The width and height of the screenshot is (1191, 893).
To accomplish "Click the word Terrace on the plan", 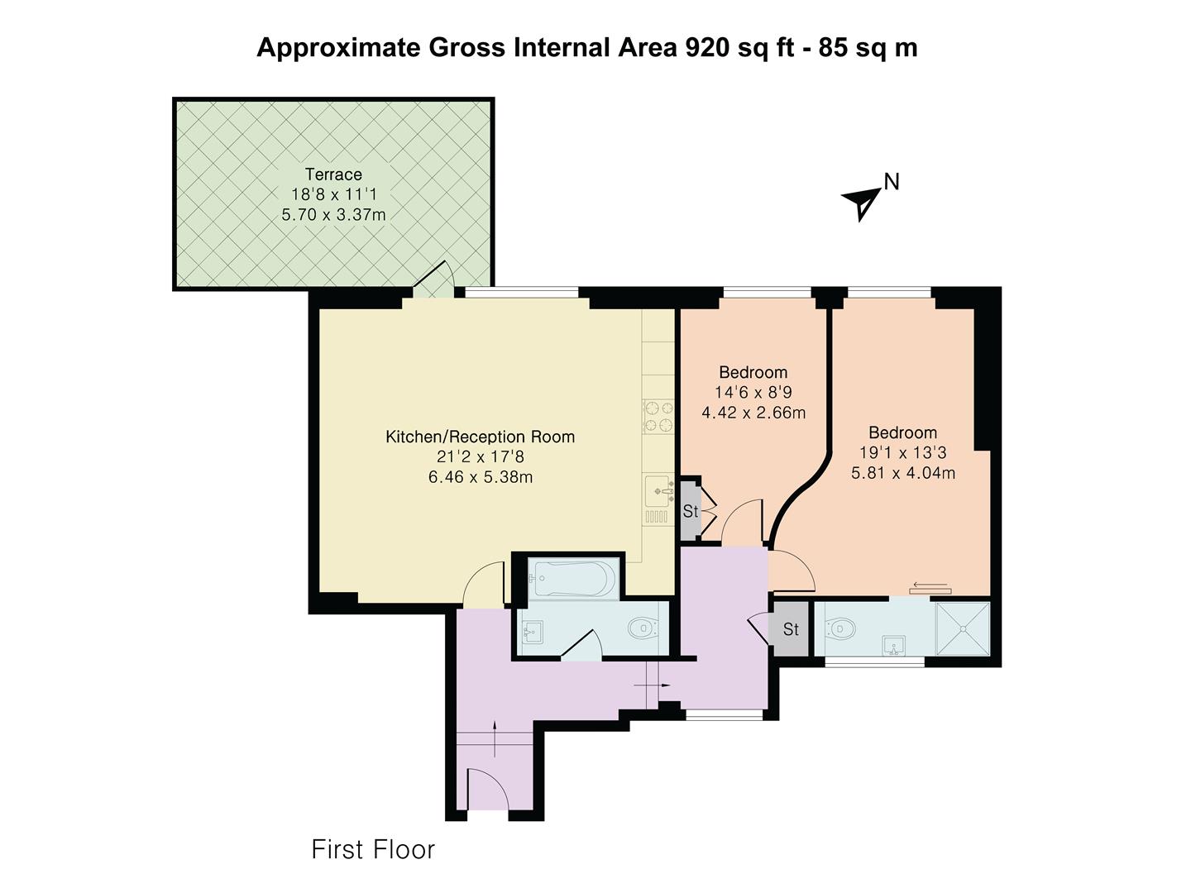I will [x=333, y=174].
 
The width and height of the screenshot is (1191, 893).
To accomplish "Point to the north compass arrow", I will [x=862, y=201].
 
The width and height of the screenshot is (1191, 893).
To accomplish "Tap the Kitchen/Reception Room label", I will [x=480, y=437].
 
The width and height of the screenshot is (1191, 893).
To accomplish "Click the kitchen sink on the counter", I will [x=659, y=489].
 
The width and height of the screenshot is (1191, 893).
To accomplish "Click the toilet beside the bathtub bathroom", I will [x=643, y=630].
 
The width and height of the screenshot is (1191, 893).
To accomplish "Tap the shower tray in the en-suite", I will [x=962, y=628].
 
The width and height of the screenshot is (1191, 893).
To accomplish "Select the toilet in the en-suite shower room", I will [x=841, y=629].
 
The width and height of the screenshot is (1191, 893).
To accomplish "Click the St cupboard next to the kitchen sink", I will [x=691, y=512].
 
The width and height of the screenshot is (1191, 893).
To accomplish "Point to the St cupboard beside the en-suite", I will [x=791, y=629].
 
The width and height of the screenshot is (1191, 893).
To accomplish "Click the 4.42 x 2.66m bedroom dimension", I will [x=753, y=413].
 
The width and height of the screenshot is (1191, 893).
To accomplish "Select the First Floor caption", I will [x=372, y=849].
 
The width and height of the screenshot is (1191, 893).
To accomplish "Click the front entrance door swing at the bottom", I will [x=486, y=788].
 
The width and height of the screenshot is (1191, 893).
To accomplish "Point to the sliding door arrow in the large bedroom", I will [x=930, y=588].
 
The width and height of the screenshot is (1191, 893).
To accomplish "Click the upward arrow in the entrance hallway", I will [x=495, y=738].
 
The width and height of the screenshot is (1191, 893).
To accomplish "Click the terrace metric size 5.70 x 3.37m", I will [x=333, y=215].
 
